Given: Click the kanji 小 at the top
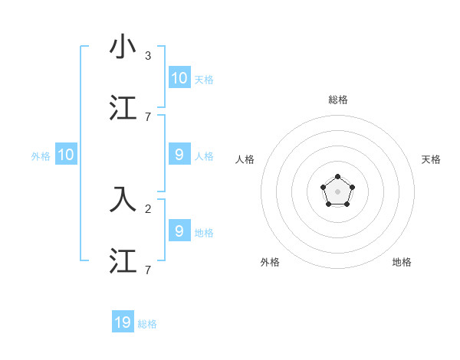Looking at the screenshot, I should coord(123,47).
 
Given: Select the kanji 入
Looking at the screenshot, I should coord(123,198).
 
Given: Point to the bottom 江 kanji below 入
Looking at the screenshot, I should coord(123,260).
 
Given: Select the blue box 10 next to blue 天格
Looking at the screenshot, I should coord(179,78).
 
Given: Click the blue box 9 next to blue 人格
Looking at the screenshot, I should coord(179,155).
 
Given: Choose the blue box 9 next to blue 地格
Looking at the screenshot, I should coord(179,231).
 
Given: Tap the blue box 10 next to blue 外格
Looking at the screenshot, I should coord(66,155).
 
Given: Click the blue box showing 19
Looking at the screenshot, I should coord(123,322).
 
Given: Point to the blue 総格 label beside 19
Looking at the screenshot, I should coord(147,324).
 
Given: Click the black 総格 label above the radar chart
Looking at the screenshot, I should coord(337,100).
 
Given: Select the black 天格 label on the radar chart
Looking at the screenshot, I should coord(431,159).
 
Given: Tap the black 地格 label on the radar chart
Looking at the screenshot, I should coord(402,262).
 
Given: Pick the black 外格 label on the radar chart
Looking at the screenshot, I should coord(270,262).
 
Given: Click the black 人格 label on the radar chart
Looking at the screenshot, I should coord(245,159).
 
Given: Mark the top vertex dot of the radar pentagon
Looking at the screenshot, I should coord(337,177).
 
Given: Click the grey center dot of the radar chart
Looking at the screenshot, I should coord(337,191).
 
